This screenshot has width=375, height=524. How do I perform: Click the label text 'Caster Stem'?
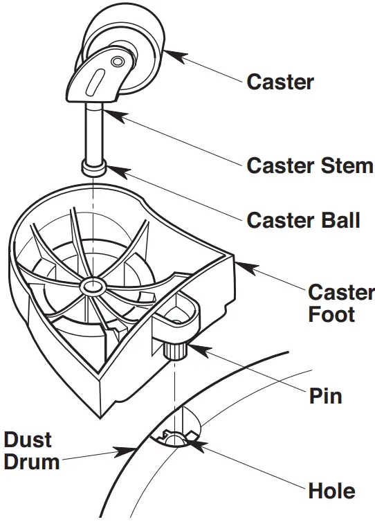click(309, 166)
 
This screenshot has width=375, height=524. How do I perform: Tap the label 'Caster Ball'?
click(303, 220)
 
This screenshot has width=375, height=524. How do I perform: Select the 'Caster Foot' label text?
click(340, 303)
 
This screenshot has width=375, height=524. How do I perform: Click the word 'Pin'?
click(325, 397)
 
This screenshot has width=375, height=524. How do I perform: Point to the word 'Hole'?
click(331, 491)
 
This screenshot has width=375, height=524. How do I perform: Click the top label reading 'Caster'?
click(280, 82)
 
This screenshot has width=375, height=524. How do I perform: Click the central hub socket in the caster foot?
click(91, 285)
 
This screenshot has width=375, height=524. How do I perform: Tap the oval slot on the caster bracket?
click(97, 78)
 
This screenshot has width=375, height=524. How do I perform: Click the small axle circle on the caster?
click(118, 63)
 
